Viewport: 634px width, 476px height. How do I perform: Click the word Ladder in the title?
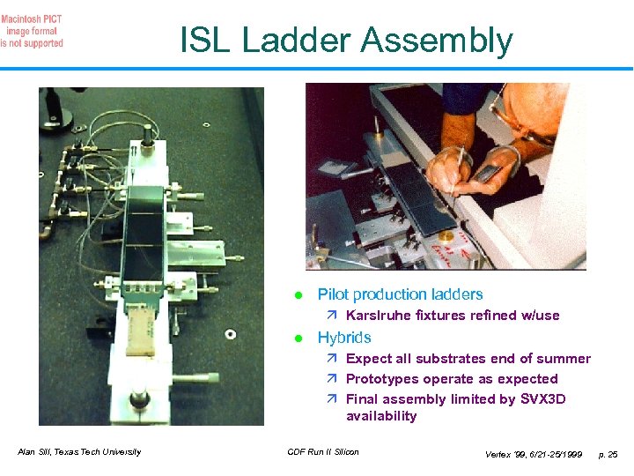(x=297, y=40)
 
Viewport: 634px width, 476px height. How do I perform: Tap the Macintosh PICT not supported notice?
(x=32, y=31)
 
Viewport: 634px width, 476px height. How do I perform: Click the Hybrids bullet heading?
(x=344, y=338)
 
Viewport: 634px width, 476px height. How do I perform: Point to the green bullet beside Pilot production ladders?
(x=299, y=295)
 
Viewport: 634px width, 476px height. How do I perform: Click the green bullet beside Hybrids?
(x=299, y=338)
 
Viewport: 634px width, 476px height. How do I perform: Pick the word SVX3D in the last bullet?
(x=542, y=398)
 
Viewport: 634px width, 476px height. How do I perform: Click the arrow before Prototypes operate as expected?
(x=332, y=378)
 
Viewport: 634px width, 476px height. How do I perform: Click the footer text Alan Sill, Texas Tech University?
(x=79, y=451)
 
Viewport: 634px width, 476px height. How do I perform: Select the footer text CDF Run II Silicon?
(x=323, y=451)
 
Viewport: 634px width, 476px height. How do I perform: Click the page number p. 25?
(x=608, y=455)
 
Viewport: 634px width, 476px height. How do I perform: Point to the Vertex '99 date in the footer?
(x=534, y=455)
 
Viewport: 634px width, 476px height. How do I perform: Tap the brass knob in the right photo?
(x=446, y=237)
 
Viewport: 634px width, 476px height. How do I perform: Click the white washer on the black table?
(x=231, y=334)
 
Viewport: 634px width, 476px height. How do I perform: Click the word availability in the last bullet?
(x=381, y=416)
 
